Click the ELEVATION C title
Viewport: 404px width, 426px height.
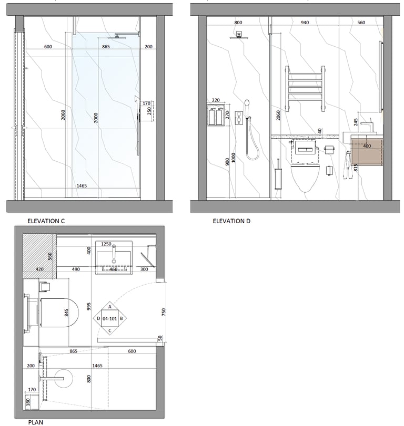[x=46, y=221]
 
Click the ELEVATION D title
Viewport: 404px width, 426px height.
[x=231, y=221]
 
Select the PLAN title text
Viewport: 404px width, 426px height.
[x=36, y=422]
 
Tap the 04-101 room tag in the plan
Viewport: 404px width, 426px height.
[x=109, y=318]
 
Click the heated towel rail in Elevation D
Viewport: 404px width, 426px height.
[x=305, y=89]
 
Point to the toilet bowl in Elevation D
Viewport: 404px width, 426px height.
[x=305, y=176]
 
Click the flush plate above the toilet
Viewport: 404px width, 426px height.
[x=305, y=149]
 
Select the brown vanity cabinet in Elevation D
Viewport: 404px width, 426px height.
[x=367, y=150]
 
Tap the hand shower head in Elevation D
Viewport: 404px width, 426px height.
[x=247, y=103]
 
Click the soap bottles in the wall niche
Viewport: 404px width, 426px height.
[x=216, y=116]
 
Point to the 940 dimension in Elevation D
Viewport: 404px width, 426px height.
[x=305, y=23]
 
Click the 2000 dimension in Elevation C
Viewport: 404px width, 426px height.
[x=96, y=118]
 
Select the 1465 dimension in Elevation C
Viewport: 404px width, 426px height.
[x=82, y=186]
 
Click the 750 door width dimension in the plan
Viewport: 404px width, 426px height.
[x=163, y=312]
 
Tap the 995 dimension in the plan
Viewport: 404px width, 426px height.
[x=88, y=306]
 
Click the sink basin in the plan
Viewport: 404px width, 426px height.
[x=114, y=257]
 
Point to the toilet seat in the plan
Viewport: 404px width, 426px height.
[x=59, y=313]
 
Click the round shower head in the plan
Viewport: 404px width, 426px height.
[x=64, y=378]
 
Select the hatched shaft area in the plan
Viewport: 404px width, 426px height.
[x=39, y=256]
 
